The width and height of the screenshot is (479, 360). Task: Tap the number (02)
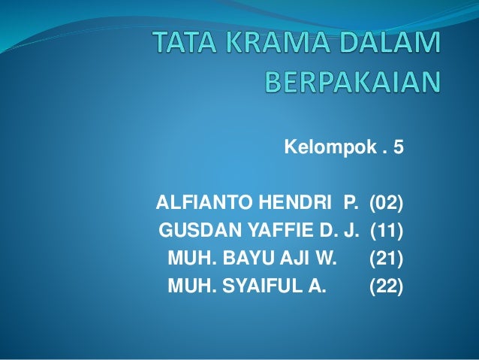coord(384,202)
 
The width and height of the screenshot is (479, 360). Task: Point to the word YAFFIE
coord(267,230)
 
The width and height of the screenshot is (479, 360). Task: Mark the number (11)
coord(385,230)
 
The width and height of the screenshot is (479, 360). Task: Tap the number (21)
coord(385,258)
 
